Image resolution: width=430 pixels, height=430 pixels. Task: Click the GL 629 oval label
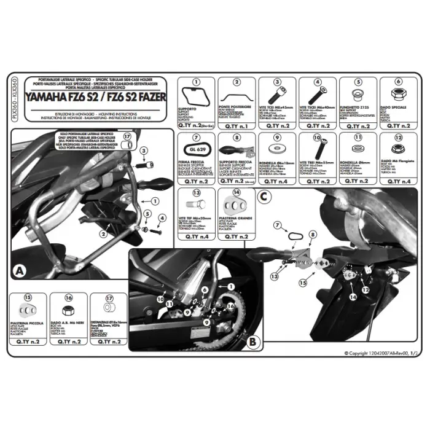click(x=195, y=149)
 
